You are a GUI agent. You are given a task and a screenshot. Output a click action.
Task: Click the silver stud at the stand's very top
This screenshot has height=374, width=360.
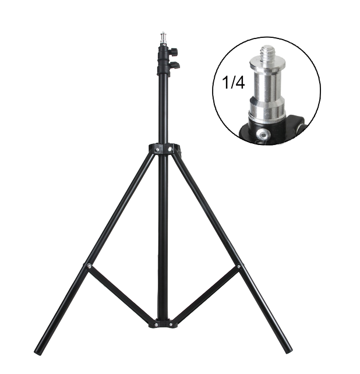coord(163,38)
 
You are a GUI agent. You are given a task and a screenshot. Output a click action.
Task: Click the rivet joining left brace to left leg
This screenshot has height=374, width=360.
coord(89,266)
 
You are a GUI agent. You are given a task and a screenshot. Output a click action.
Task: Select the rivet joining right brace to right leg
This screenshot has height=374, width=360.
coord(238,267)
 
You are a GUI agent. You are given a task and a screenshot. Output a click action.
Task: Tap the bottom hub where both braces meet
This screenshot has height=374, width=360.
coord(163,322)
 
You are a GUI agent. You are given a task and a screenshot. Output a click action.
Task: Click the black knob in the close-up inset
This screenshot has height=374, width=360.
coord(298,124)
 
